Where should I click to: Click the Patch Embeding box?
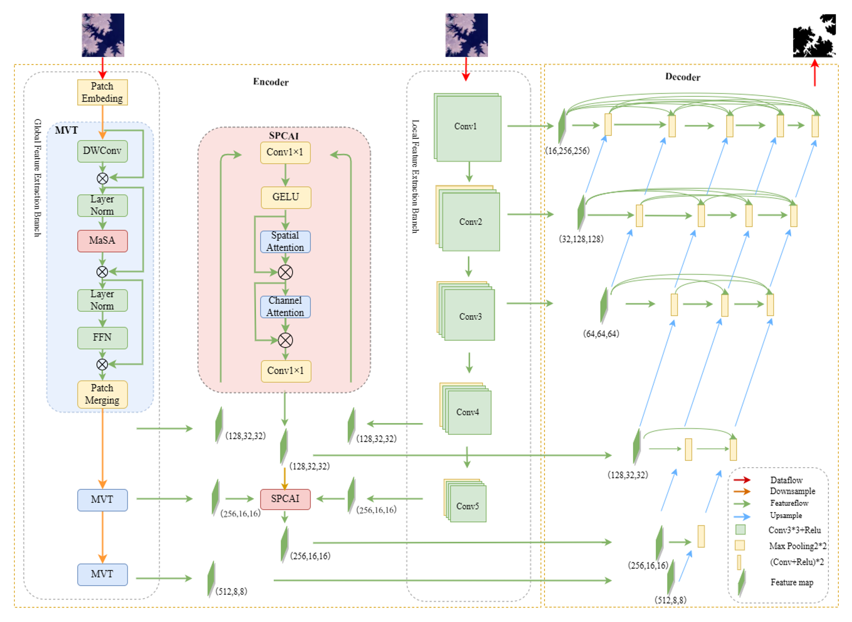click(102, 92)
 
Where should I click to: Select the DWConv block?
click(102, 151)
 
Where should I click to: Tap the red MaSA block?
click(102, 241)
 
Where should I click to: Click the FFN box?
click(102, 337)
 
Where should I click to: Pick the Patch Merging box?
click(102, 394)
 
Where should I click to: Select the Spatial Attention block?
click(285, 241)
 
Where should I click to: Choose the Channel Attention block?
click(285, 307)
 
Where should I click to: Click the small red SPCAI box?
click(285, 499)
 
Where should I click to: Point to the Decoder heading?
click(683, 77)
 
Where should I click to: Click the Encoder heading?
click(271, 82)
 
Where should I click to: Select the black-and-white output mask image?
click(815, 36)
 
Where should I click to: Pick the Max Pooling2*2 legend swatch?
click(740, 545)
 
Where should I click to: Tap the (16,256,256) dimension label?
click(567, 151)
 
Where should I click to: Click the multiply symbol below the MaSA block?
click(102, 271)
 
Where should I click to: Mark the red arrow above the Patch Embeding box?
click(102, 68)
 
